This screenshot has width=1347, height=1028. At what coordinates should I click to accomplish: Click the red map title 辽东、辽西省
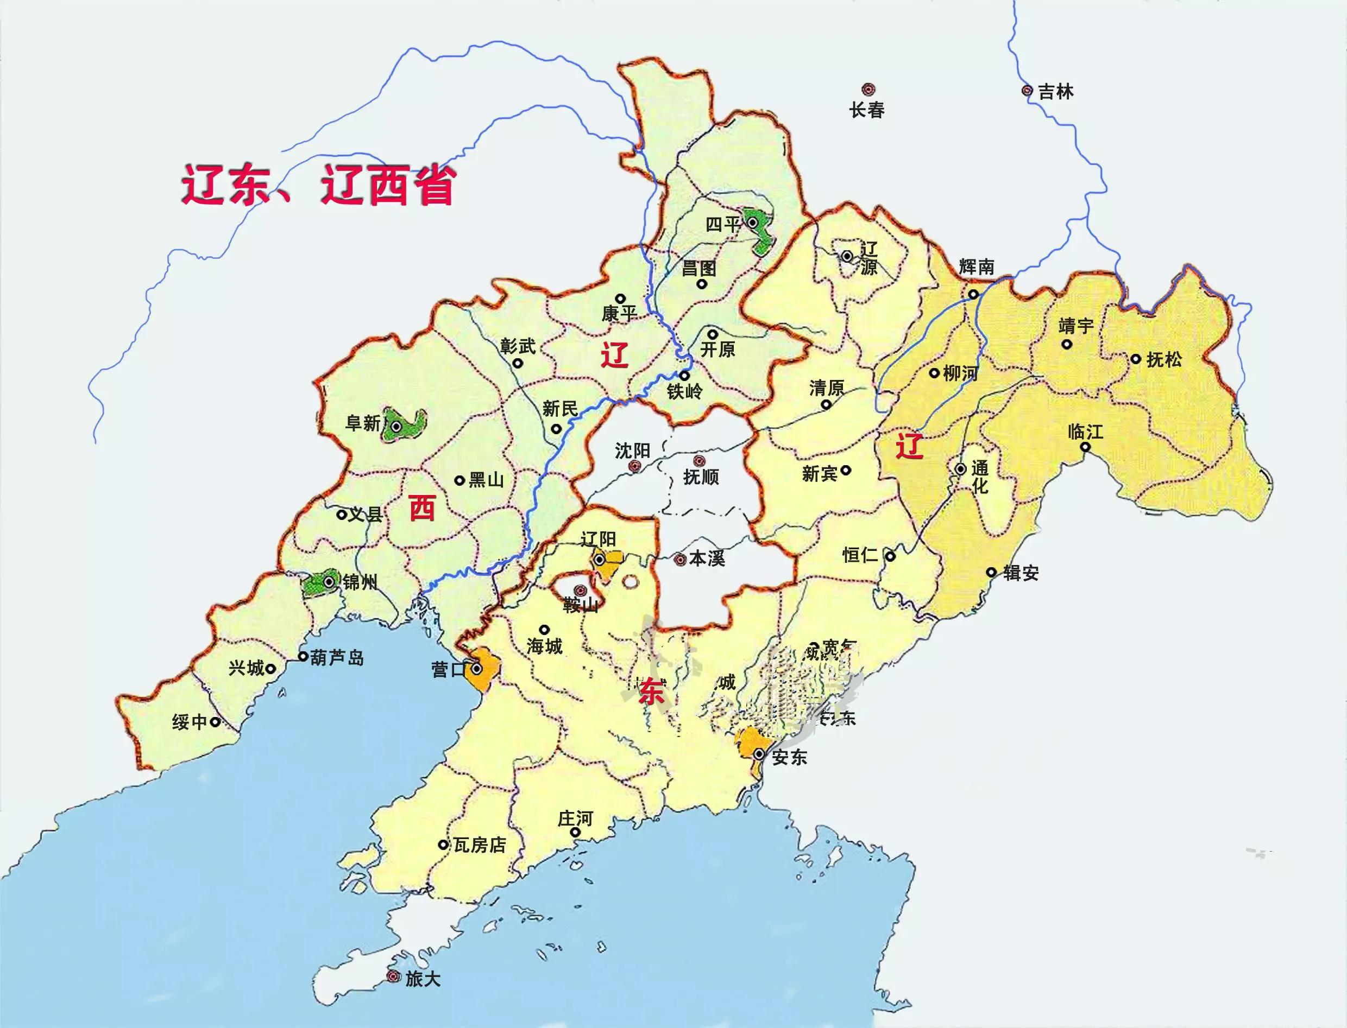(x=318, y=185)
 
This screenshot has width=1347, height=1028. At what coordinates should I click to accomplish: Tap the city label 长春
(x=866, y=111)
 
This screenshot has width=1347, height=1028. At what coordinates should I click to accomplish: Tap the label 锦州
(x=360, y=582)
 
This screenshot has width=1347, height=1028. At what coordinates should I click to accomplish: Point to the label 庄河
(x=575, y=818)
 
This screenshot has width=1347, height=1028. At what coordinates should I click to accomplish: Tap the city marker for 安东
(x=759, y=754)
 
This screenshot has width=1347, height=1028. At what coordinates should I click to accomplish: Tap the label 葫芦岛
(x=337, y=658)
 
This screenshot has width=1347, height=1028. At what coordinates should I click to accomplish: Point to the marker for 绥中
(x=215, y=722)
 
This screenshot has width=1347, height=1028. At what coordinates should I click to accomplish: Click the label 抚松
(x=1163, y=359)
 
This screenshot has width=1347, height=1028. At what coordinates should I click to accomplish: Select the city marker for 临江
(x=1084, y=447)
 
